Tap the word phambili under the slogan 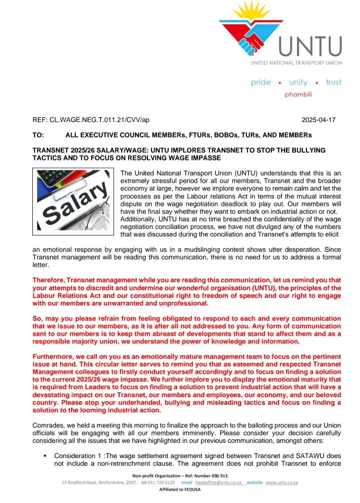[298, 95]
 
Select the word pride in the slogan [261, 82]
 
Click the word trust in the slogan [334, 82]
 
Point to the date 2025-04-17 [318, 120]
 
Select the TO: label [38, 135]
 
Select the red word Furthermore [53, 356]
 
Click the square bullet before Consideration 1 [45, 456]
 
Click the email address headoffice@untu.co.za [218, 482]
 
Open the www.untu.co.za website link [282, 482]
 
